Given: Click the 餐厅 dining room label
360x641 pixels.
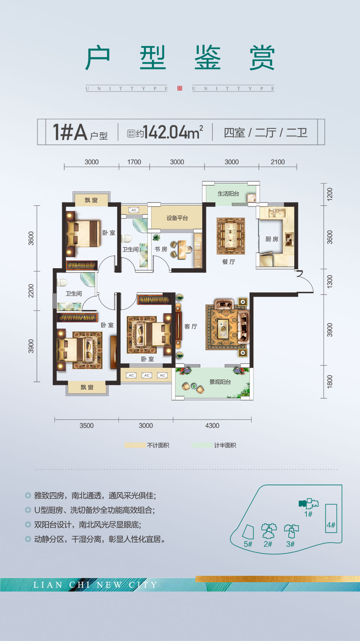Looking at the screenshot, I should (x=229, y=262).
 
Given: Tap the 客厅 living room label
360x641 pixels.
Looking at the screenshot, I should (x=191, y=326).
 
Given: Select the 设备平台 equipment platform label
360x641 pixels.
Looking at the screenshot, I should (x=177, y=218).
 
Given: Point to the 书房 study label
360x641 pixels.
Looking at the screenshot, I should (x=161, y=249).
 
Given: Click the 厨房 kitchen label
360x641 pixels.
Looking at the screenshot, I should (x=272, y=239).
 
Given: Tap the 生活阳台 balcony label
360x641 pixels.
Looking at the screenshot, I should (x=228, y=194).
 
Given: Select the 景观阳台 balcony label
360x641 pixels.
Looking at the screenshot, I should (x=220, y=382).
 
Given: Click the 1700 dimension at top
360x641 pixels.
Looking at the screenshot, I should (x=134, y=162).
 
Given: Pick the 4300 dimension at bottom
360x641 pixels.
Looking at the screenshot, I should (x=212, y=426).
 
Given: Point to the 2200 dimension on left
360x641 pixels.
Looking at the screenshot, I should (x=31, y=291).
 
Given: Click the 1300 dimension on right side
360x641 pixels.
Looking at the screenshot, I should (x=330, y=282).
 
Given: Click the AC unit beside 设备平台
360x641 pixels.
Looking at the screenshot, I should (x=134, y=210).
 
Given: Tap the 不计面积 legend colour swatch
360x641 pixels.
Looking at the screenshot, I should (x=135, y=445).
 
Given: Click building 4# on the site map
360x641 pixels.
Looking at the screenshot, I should (x=331, y=519).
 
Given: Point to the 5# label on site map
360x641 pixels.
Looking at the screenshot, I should (x=248, y=544).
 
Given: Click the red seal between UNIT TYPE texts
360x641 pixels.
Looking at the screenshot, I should (x=180, y=89).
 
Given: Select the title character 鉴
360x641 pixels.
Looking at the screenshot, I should (x=207, y=58).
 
